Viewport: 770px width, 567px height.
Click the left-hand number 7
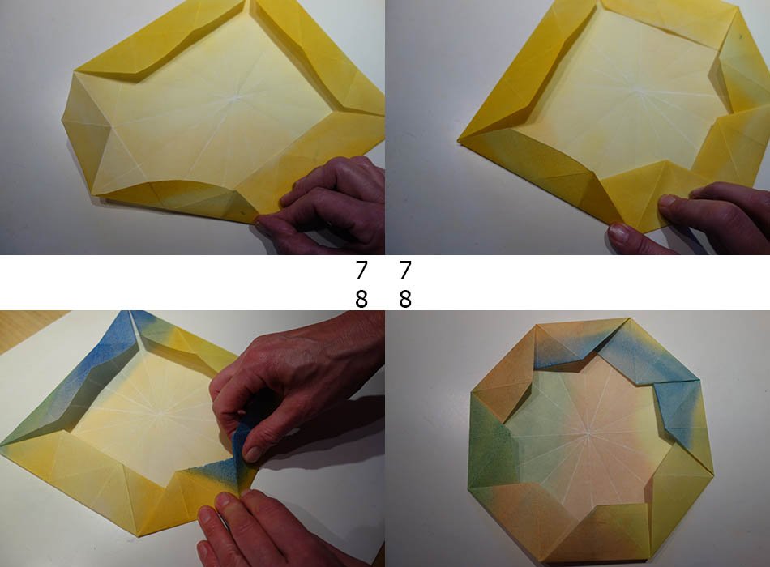361,270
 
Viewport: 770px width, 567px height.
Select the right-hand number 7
404,270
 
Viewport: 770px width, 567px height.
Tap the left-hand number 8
361,298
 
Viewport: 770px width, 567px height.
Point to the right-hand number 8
404,298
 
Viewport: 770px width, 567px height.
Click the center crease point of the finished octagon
588,433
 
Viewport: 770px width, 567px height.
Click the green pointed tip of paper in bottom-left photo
6,443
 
